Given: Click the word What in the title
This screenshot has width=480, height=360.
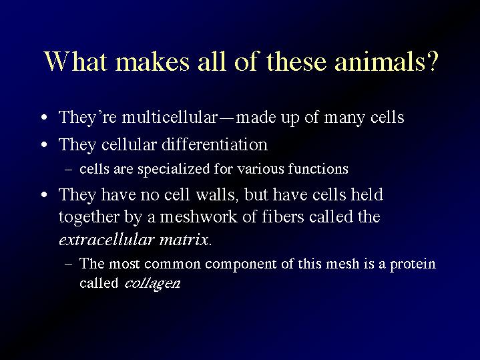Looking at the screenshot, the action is click(75, 61).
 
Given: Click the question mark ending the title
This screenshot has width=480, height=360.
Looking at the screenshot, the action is click(432, 61).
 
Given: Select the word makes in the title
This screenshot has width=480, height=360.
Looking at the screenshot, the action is click(152, 61).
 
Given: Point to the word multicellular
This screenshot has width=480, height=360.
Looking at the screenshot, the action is click(170, 117).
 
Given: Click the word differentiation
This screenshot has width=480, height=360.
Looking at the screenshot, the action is click(214, 144).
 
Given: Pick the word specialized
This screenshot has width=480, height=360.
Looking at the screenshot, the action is click(174, 169).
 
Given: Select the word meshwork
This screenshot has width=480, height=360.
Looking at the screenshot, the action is click(198, 217).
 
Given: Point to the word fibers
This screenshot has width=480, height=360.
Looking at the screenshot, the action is click(283, 216).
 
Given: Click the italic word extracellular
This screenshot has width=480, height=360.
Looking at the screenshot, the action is click(106, 240).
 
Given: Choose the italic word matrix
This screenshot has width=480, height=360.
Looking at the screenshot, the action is click(184, 240).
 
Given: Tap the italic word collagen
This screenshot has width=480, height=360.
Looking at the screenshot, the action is click(152, 283).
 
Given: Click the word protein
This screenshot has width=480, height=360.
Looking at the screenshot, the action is click(413, 264).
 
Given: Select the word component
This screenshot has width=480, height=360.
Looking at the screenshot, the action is click(240, 264).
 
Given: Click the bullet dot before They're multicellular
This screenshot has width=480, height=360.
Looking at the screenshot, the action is click(44, 118).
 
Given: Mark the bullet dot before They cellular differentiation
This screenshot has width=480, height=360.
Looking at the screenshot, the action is click(44, 144).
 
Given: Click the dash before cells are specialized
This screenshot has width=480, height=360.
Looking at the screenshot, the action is click(69, 170).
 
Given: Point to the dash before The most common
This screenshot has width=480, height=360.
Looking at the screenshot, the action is click(69, 264).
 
